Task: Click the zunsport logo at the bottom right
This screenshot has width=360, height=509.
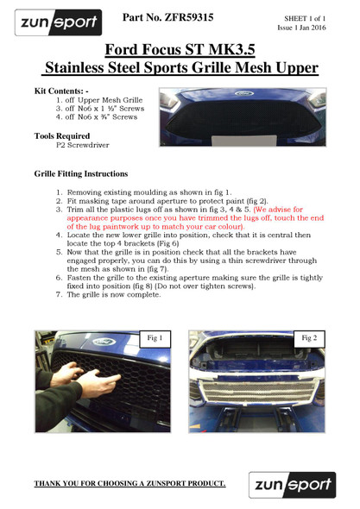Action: tap(287, 483)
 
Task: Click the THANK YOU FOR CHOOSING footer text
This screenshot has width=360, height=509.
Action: tap(129, 483)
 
